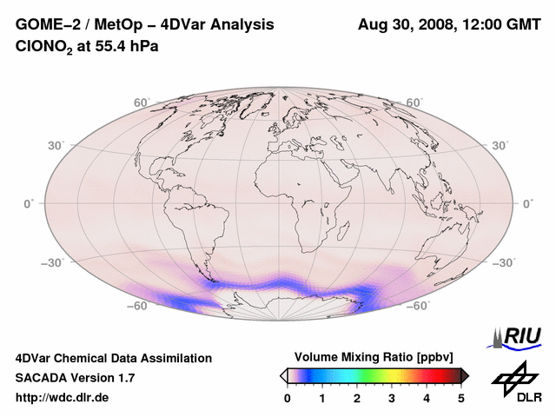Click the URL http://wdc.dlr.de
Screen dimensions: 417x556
63,398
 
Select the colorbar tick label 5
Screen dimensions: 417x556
461,398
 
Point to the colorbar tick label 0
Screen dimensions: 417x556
288,398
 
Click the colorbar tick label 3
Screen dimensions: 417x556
392,398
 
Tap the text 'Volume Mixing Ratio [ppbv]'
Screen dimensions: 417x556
374,357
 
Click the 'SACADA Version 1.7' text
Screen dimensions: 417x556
75,378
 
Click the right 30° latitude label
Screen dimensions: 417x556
500,145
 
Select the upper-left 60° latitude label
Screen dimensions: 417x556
142,103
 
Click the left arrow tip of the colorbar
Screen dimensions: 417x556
282,375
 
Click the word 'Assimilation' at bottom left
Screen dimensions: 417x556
173,358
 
